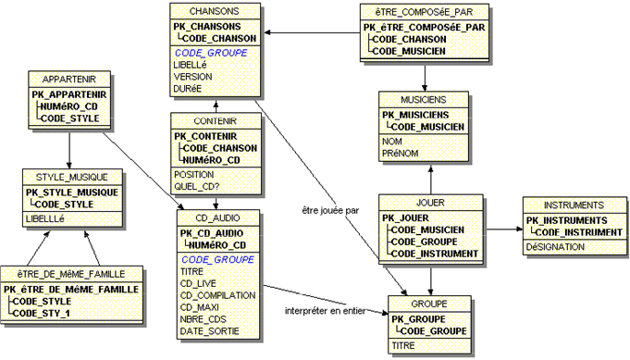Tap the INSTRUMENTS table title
click(x=574, y=205)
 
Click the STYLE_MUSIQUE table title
click(x=72, y=177)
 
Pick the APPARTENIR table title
click(x=70, y=80)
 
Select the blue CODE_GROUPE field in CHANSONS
click(x=207, y=53)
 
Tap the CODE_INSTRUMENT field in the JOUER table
click(x=434, y=253)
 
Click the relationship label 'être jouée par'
click(x=331, y=209)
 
